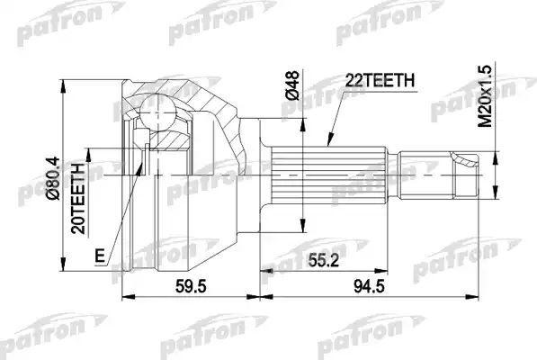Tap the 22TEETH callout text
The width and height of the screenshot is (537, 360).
coord(380,81)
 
